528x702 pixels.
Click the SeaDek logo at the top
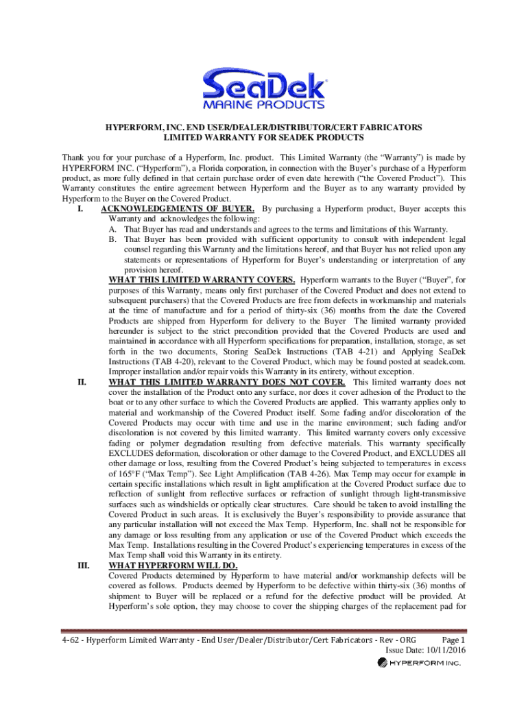pos(264,86)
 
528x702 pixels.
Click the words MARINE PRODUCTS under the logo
pos(264,105)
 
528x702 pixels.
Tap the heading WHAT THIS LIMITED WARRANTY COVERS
pos(202,280)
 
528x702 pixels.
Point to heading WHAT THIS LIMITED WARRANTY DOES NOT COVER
pos(227,382)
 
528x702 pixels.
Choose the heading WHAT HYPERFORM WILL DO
pos(173,566)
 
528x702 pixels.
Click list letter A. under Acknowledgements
pos(113,230)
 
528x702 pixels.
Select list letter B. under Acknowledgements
pos(113,239)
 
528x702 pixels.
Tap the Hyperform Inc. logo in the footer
pos(419,664)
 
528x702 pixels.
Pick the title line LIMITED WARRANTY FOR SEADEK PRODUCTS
pos(263,138)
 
